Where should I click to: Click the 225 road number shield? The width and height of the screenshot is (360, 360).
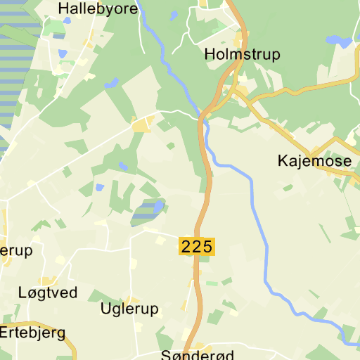(197, 247)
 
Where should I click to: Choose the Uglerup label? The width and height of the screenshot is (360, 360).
(130, 309)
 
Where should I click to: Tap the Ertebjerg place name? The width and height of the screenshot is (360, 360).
(32, 332)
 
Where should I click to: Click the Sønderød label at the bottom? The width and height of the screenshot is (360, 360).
(197, 355)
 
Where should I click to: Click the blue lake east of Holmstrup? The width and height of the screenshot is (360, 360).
(342, 44)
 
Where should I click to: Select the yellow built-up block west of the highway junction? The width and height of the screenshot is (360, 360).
(143, 125)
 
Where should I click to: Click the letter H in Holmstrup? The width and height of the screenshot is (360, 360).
(210, 54)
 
